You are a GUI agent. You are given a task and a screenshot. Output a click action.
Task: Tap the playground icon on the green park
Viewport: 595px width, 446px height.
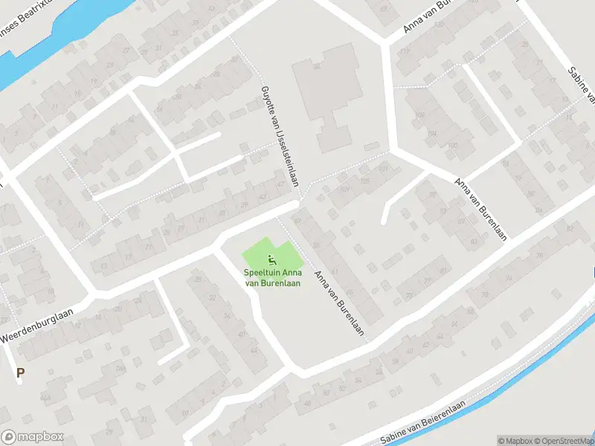click(272, 260)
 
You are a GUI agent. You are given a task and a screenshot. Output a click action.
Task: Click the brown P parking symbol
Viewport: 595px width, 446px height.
click(20, 373)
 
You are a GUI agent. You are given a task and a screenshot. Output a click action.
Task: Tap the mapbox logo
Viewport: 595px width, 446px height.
click(33, 437)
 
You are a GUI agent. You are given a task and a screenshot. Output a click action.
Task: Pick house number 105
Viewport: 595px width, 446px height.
click(364, 181)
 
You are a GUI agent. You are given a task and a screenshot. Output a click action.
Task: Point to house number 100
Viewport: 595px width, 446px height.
click(453, 145)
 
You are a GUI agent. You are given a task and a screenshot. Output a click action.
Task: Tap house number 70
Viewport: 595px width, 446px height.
click(486, 294)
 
